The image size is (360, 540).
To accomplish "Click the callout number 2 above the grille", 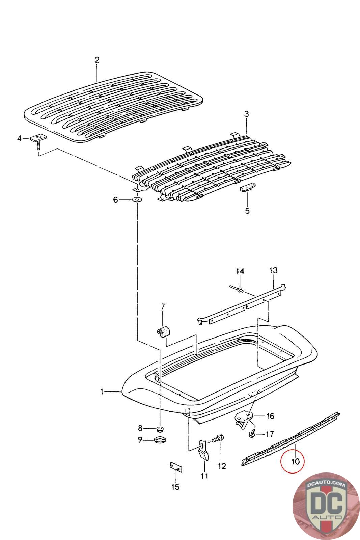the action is pos(97,60).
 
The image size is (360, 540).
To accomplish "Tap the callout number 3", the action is pos(247,114).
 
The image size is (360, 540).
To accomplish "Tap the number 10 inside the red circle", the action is pos(295,461).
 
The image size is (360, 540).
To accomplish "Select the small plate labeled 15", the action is pos(175,468).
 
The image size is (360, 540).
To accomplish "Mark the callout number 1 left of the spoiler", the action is pos(102,391).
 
